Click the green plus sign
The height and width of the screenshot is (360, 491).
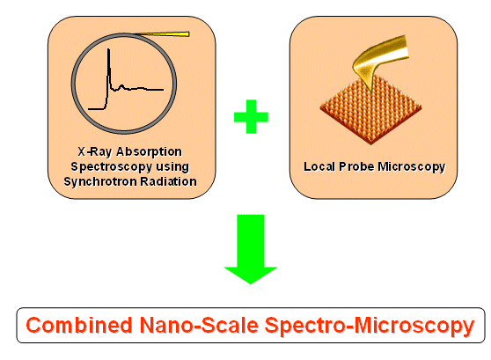tap(251, 116)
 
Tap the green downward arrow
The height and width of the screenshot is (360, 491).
tap(251, 249)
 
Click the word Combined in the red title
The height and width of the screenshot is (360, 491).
tap(79, 325)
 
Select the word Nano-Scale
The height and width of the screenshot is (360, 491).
tap(199, 325)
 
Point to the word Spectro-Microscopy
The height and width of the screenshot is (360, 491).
tap(370, 327)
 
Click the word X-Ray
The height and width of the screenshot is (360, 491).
tap(95, 152)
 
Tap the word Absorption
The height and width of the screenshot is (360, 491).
tap(149, 152)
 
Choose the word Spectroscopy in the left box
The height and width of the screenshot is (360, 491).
tap(112, 166)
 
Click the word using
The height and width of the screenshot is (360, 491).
tap(172, 167)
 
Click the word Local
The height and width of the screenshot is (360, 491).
tap(319, 166)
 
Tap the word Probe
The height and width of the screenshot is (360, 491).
tap(357, 167)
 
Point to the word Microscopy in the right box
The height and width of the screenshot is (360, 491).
tap(412, 167)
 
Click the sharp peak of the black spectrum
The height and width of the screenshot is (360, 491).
tap(108, 49)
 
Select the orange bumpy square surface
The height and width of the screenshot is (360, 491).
tap(370, 110)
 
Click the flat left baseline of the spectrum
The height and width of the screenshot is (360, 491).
tap(96, 109)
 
